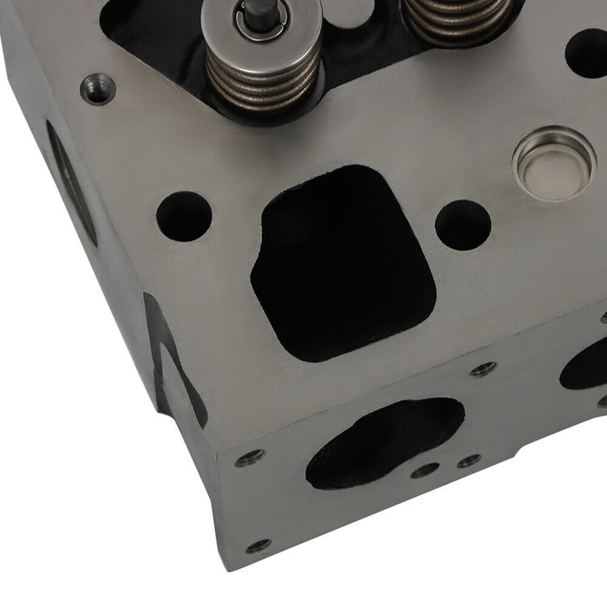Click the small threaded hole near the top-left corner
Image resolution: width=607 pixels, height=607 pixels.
tap(97, 88)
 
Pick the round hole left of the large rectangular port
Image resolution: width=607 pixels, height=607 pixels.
tap(184, 216)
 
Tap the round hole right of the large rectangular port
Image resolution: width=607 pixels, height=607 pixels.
tap(462, 225)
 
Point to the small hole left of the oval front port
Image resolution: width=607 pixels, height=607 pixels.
tap(250, 457)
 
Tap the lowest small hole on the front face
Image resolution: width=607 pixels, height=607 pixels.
tap(258, 545)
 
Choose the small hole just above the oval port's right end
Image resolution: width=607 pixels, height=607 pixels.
tap(482, 369)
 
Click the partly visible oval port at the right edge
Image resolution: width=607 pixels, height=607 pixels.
tap(584, 364)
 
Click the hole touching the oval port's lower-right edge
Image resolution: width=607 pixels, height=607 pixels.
tap(425, 471)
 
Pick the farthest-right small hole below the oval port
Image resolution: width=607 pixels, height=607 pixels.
tap(469, 460)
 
